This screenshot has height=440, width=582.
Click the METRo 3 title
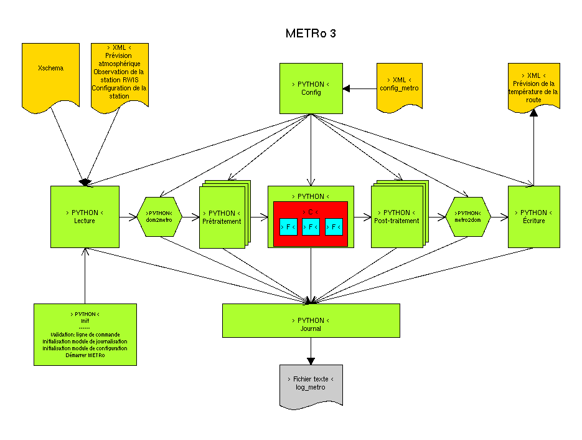311,34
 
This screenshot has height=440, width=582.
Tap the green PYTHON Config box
311,88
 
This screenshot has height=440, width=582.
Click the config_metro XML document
399,86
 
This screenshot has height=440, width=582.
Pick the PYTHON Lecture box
84,216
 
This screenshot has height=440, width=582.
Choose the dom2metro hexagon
159,216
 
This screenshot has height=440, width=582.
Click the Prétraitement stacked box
222,218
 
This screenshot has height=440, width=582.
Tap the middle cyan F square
311,227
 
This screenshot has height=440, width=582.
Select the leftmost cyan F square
288,227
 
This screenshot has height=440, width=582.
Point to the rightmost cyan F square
334,227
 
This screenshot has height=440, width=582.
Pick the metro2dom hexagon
467,216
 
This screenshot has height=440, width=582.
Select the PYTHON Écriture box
533,216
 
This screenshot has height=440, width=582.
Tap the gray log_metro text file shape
311,386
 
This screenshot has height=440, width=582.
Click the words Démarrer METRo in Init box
85,356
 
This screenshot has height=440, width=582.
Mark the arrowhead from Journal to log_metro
311,360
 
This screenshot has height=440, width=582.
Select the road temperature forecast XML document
533,87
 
